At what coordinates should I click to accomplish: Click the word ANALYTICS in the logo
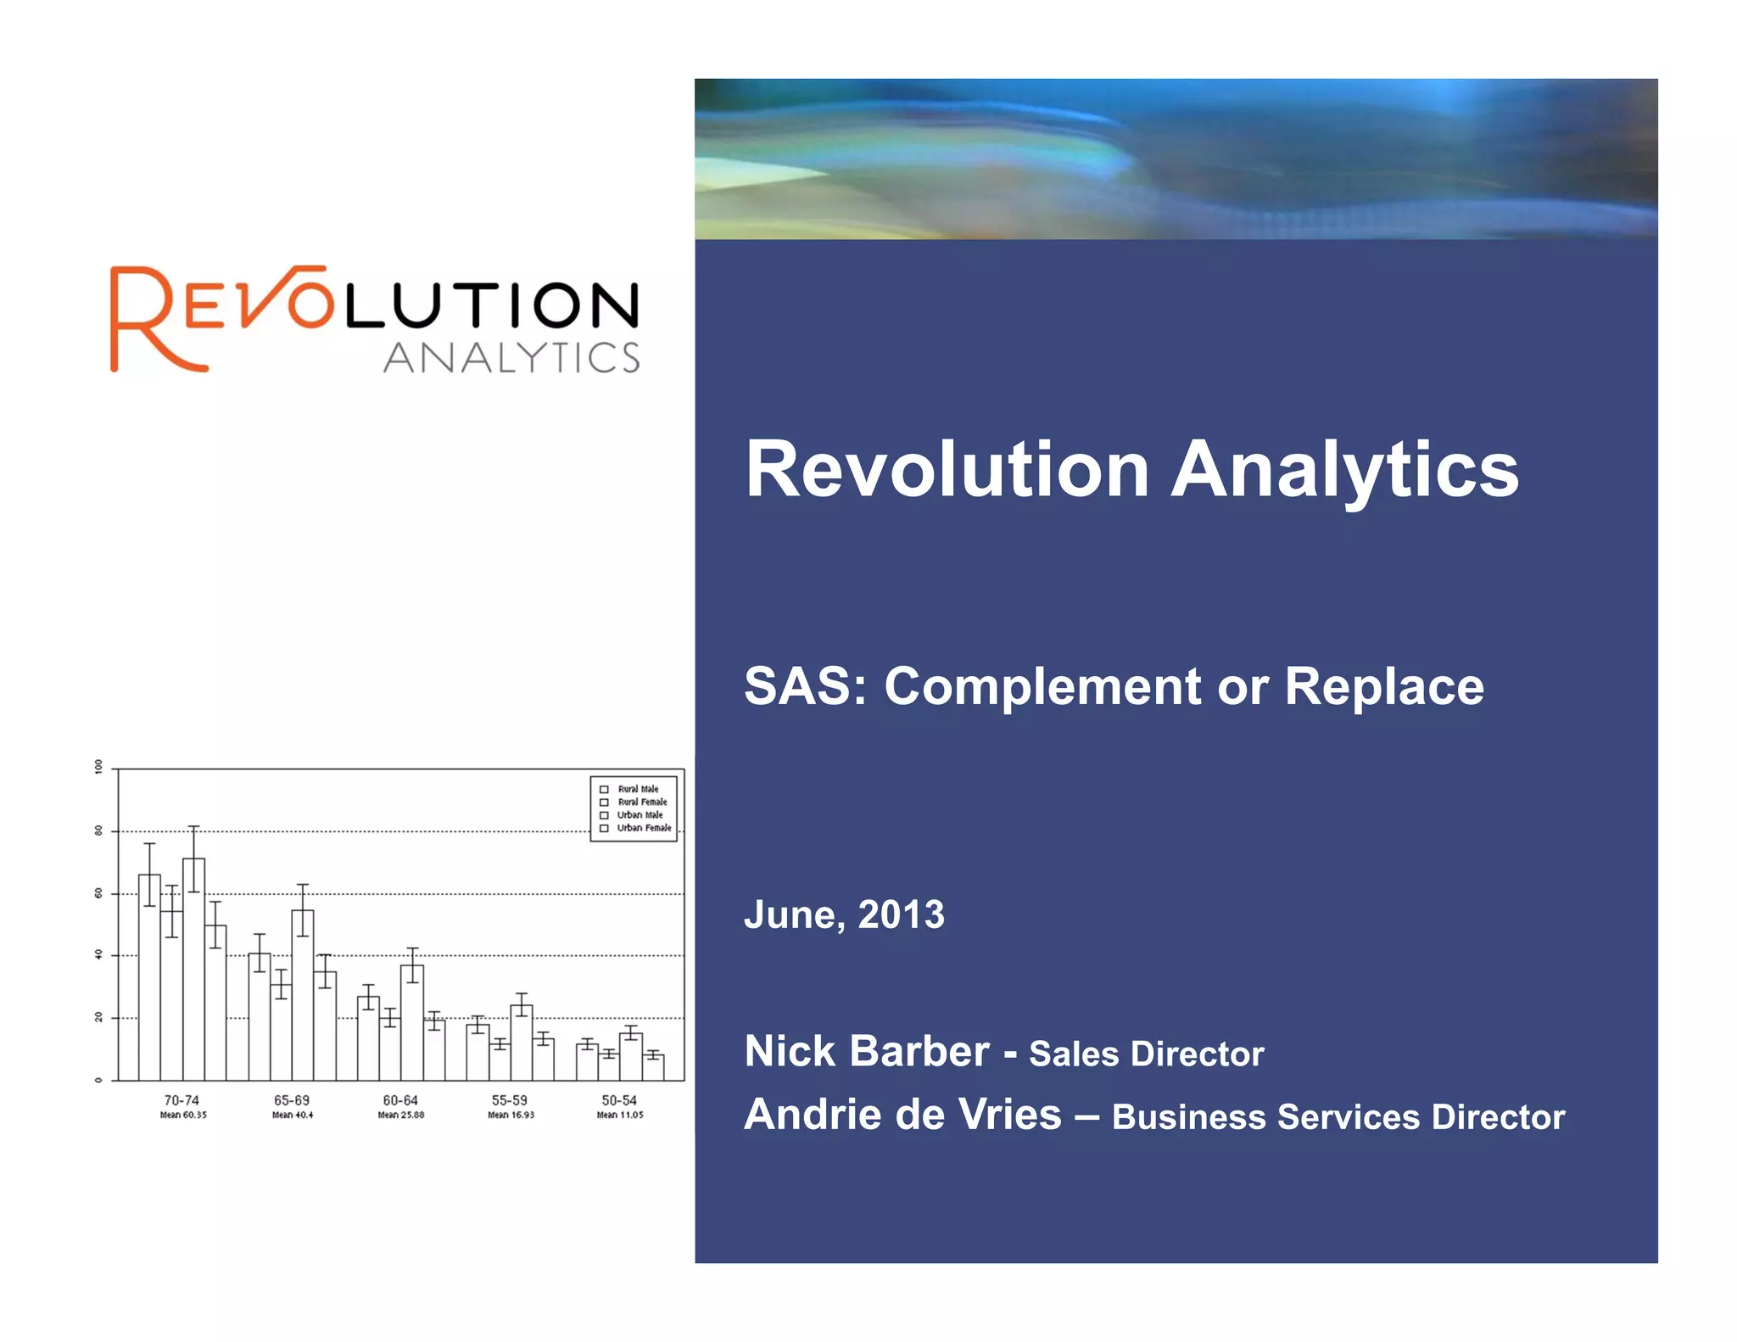click(x=511, y=358)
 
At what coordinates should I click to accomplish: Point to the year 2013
click(x=901, y=914)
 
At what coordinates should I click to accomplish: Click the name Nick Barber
click(x=866, y=1051)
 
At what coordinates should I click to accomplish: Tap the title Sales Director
click(x=1146, y=1054)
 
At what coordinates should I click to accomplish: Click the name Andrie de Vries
click(x=902, y=1114)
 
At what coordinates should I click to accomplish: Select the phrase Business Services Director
click(x=1338, y=1117)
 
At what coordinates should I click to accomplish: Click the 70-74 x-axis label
click(x=182, y=1100)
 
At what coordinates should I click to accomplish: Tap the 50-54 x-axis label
click(x=619, y=1100)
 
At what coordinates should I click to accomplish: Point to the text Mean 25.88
click(x=401, y=1116)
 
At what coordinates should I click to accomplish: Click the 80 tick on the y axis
click(x=98, y=831)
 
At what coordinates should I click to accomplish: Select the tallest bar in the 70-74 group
click(x=193, y=967)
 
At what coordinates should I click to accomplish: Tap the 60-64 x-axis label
click(x=400, y=1100)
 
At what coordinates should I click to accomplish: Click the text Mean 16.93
click(x=511, y=1116)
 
